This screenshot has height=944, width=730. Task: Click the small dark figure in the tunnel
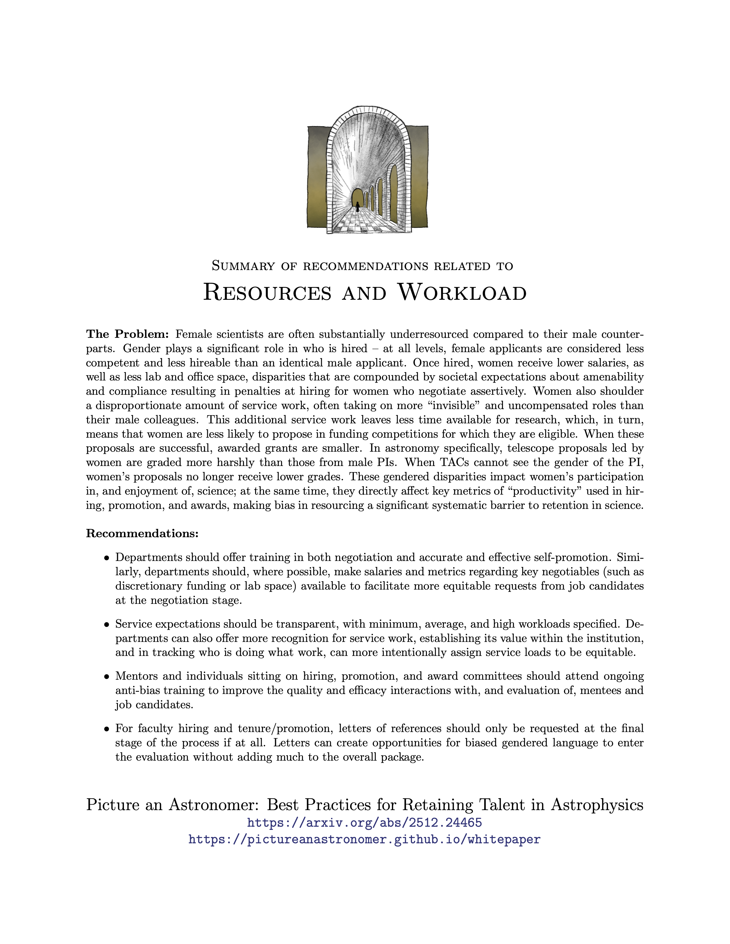[358, 206]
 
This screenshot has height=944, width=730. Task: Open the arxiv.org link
[364, 822]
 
